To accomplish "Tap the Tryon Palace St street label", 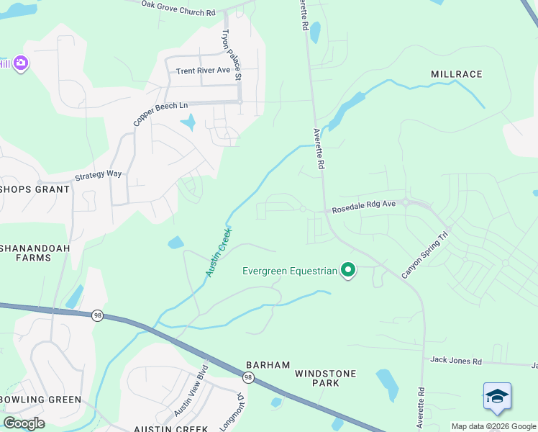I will tap(231, 53).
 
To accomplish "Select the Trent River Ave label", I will tap(203, 71).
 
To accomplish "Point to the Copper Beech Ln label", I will tap(160, 114).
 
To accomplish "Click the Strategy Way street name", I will tap(99, 176).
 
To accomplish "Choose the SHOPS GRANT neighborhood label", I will tap(35, 189).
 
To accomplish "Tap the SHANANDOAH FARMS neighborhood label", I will tap(26, 251).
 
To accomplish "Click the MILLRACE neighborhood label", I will tap(456, 74).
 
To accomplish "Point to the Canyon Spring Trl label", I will tap(424, 254).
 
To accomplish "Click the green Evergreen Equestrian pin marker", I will tap(349, 271).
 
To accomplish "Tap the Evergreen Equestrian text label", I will tap(289, 271).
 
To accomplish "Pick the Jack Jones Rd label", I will tap(455, 359).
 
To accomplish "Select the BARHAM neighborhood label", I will tap(268, 365).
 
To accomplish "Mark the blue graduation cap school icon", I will tap(497, 397).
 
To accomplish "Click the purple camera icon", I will tap(20, 63).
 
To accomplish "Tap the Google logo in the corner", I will tap(24, 423).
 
